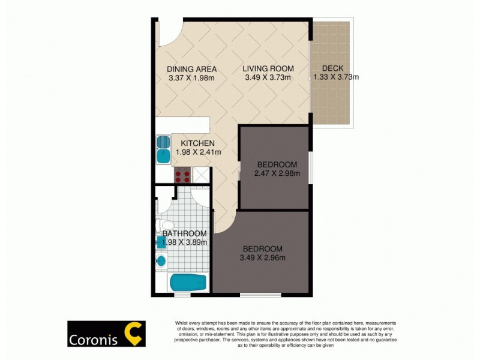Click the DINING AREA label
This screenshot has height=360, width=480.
[191, 69]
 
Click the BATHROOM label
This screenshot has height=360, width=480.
[185, 233]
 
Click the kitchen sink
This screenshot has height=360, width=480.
[163, 150]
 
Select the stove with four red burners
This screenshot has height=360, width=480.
[182, 176]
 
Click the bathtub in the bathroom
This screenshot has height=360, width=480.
[188, 283]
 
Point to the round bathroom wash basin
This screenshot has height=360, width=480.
[160, 260]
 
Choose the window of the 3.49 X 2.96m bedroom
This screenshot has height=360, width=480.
[260, 295]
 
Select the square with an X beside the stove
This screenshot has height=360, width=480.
[201, 176]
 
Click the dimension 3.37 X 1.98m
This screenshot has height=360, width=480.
[191, 77]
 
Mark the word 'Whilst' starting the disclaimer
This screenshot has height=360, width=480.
[182, 323]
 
